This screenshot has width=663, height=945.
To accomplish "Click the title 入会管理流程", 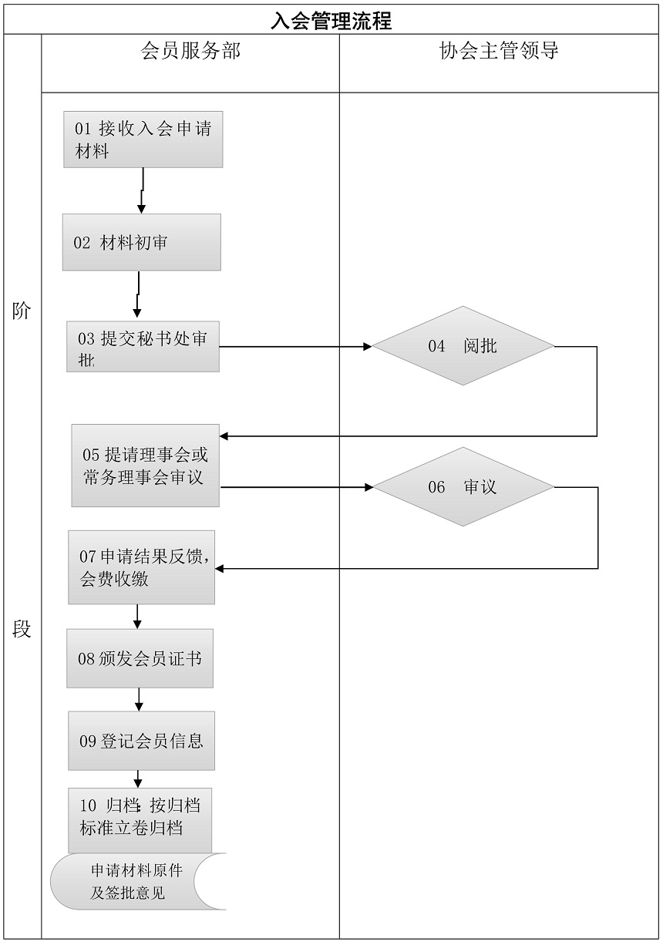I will [331, 21].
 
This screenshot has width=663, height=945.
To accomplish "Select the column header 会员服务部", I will [190, 52].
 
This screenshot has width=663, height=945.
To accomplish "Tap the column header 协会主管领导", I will [499, 52].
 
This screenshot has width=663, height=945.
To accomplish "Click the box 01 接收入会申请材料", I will [143, 140].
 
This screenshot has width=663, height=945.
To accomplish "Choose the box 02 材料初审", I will [142, 243].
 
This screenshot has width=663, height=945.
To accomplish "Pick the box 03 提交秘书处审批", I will [143, 347].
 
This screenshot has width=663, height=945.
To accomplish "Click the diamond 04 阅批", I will [463, 346].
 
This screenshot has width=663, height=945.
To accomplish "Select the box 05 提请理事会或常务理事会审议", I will [145, 466].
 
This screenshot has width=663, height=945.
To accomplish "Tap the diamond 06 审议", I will [463, 487].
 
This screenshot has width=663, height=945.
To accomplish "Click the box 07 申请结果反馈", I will [142, 567].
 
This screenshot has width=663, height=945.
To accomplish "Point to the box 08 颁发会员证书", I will [140, 658].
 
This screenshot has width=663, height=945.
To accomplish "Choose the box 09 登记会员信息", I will [141, 741].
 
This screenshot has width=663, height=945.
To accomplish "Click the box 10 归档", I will [140, 819].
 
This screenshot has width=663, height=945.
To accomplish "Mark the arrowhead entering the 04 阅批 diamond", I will [368, 347].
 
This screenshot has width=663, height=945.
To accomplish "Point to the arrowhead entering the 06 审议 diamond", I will [369, 487].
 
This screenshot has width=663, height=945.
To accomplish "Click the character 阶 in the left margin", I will [22, 311].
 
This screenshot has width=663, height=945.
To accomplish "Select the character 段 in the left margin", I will [22, 629].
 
